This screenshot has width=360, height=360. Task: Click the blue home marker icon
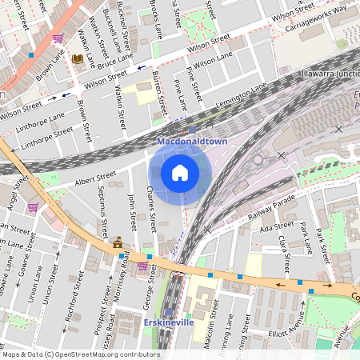(180, 173)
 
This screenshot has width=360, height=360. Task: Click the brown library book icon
(78, 58)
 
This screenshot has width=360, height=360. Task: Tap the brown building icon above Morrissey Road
(118, 242)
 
